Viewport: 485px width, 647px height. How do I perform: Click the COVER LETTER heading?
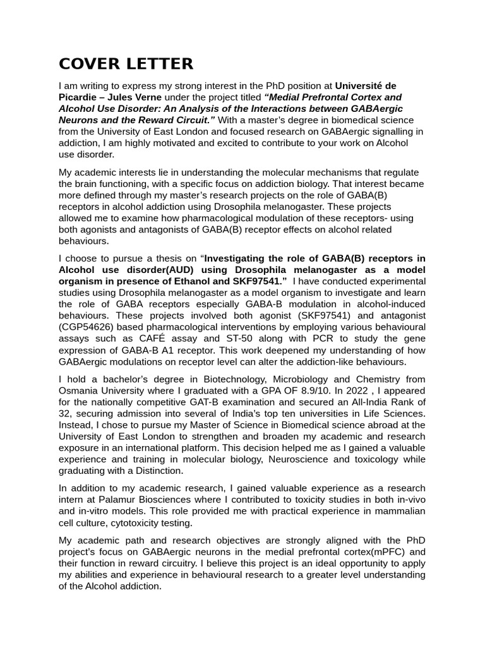click(x=126, y=64)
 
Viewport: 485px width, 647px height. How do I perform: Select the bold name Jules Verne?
click(x=130, y=97)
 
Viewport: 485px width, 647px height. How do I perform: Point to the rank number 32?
click(x=66, y=413)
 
